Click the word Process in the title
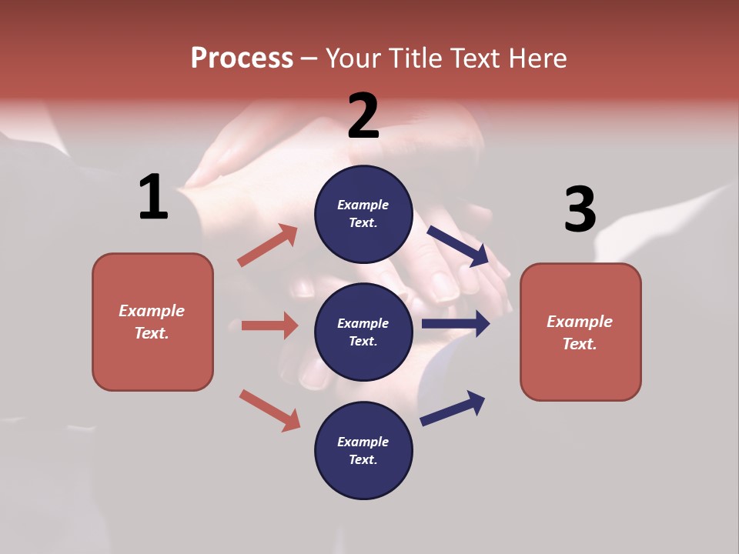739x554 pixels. click(x=242, y=58)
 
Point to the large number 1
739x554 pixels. click(x=153, y=198)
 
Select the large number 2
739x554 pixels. click(x=363, y=116)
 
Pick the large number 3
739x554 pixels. click(x=580, y=209)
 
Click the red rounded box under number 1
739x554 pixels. click(x=152, y=322)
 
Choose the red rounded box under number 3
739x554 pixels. click(x=580, y=332)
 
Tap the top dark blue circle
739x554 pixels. click(x=363, y=214)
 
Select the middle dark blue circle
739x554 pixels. click(x=363, y=332)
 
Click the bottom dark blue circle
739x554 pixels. click(x=363, y=450)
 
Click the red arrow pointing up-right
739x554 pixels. click(x=268, y=245)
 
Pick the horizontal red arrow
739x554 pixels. click(x=269, y=325)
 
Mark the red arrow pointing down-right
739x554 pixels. click(x=269, y=410)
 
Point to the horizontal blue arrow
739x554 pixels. click(x=456, y=324)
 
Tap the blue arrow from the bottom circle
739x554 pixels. click(x=453, y=408)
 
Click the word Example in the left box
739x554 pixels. click(x=152, y=311)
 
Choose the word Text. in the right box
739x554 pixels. click(x=580, y=344)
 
